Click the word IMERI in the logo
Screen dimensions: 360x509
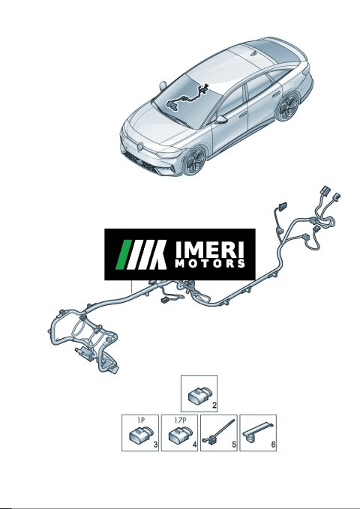pos(209,250)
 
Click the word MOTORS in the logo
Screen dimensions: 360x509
pos(209,263)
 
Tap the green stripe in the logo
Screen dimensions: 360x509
pos(124,255)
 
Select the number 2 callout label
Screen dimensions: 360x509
pos(214,405)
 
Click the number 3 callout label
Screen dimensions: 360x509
pos(155,445)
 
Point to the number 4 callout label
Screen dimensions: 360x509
pos(194,445)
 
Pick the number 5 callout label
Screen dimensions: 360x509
pos(234,445)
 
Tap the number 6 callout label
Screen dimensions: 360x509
pos(273,445)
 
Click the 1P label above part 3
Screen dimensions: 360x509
pos(140,420)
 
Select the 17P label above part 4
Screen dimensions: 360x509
pos(180,420)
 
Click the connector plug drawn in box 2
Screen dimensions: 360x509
pos(199,394)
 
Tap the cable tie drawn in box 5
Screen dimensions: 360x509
pos(218,433)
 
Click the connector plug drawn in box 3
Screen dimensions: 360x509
pos(141,434)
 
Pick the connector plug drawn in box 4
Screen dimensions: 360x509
pos(180,434)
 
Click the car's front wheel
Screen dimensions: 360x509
pos(194,161)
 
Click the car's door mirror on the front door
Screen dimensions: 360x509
pos(221,119)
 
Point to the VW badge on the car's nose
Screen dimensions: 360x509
pos(140,147)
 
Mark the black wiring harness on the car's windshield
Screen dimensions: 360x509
pos(187,97)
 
